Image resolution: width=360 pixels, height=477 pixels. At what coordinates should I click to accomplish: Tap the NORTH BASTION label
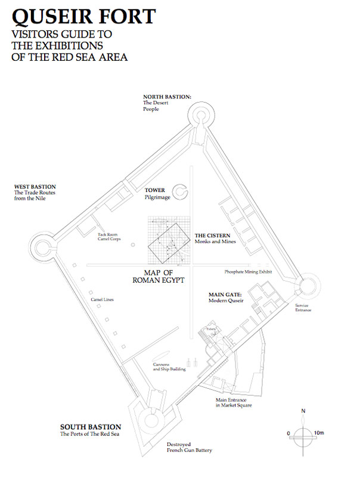click(x=167, y=97)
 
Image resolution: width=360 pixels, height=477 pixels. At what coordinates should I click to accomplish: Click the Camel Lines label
click(x=102, y=299)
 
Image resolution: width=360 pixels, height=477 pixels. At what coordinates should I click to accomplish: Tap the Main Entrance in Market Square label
click(x=234, y=402)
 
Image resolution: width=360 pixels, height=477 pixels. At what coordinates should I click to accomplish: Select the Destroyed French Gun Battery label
click(x=189, y=447)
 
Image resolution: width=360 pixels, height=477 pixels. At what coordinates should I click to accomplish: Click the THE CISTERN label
click(x=209, y=235)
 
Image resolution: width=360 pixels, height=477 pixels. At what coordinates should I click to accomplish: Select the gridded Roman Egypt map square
click(x=167, y=242)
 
